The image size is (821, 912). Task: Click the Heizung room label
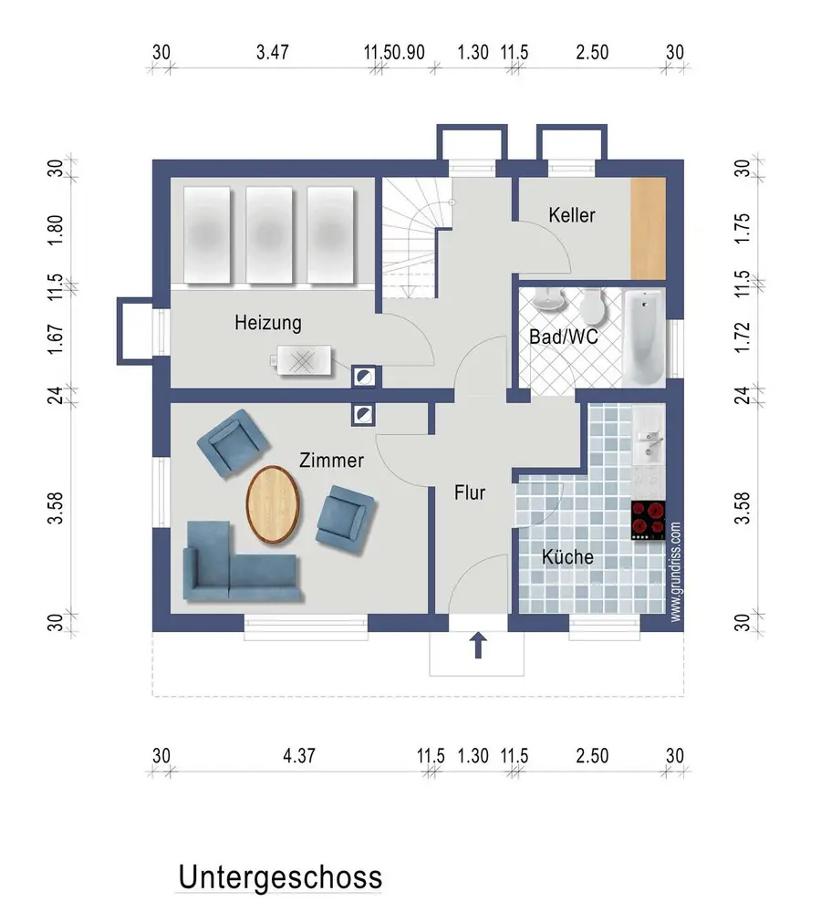click(x=268, y=323)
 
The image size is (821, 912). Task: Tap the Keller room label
click(x=572, y=215)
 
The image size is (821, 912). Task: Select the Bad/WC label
click(x=563, y=337)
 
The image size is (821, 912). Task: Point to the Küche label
click(x=567, y=556)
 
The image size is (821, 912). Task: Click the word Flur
click(x=470, y=492)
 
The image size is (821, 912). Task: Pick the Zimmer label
click(x=331, y=460)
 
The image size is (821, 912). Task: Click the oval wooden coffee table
click(x=273, y=504)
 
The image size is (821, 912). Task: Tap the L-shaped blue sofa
click(x=242, y=561)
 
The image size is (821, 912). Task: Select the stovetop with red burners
click(x=649, y=520)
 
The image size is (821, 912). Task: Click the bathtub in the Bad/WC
click(x=643, y=338)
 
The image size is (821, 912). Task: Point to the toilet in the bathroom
click(x=594, y=306)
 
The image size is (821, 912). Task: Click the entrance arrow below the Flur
click(x=478, y=645)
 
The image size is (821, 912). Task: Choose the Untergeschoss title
click(x=280, y=877)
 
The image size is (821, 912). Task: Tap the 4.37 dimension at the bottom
click(x=299, y=755)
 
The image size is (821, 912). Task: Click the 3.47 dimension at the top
click(x=273, y=52)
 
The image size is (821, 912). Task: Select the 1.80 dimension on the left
click(x=56, y=230)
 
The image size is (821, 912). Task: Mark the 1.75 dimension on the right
click(x=743, y=229)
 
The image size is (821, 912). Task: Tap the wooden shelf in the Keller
click(x=649, y=228)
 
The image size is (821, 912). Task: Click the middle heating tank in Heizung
click(x=269, y=235)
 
